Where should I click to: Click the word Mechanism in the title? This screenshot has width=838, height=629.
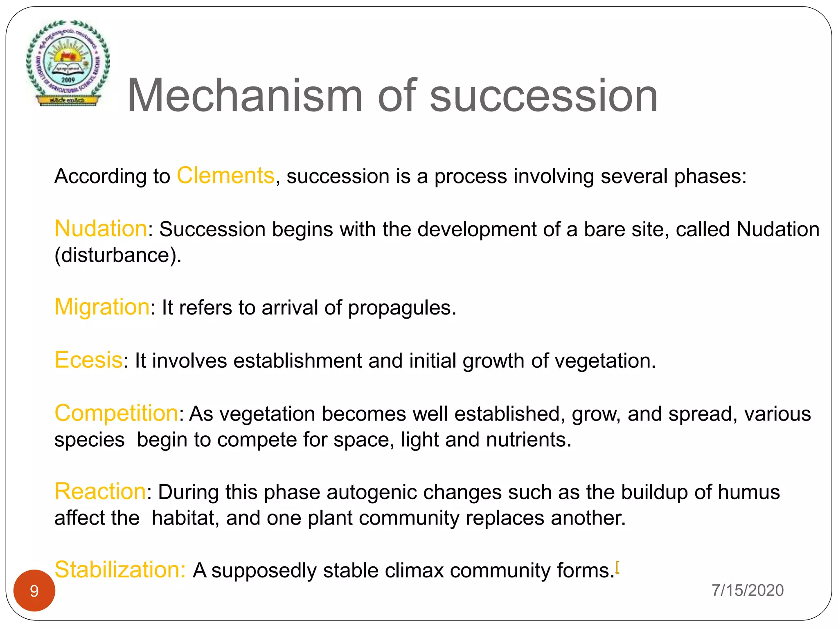pos(245,96)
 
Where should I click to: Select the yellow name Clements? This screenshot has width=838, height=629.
pos(225,176)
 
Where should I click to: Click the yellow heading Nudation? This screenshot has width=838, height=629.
pos(101,229)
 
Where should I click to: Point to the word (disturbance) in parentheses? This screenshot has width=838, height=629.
pos(117,255)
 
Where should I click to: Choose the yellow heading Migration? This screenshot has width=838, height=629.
pos(102,307)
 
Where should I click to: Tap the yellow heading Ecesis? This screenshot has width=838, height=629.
pos(88,360)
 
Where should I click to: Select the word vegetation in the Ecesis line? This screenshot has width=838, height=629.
pos(605,361)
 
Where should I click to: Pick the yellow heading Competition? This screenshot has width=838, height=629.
pos(116,413)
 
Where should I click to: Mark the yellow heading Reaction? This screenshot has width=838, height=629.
pos(100,491)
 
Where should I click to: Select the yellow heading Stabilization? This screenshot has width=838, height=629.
pos(120,570)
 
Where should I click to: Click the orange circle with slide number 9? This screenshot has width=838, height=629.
pos(34,591)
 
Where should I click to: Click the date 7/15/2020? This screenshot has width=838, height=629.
pos(747,590)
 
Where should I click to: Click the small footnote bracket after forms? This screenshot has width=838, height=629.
pos(617,567)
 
